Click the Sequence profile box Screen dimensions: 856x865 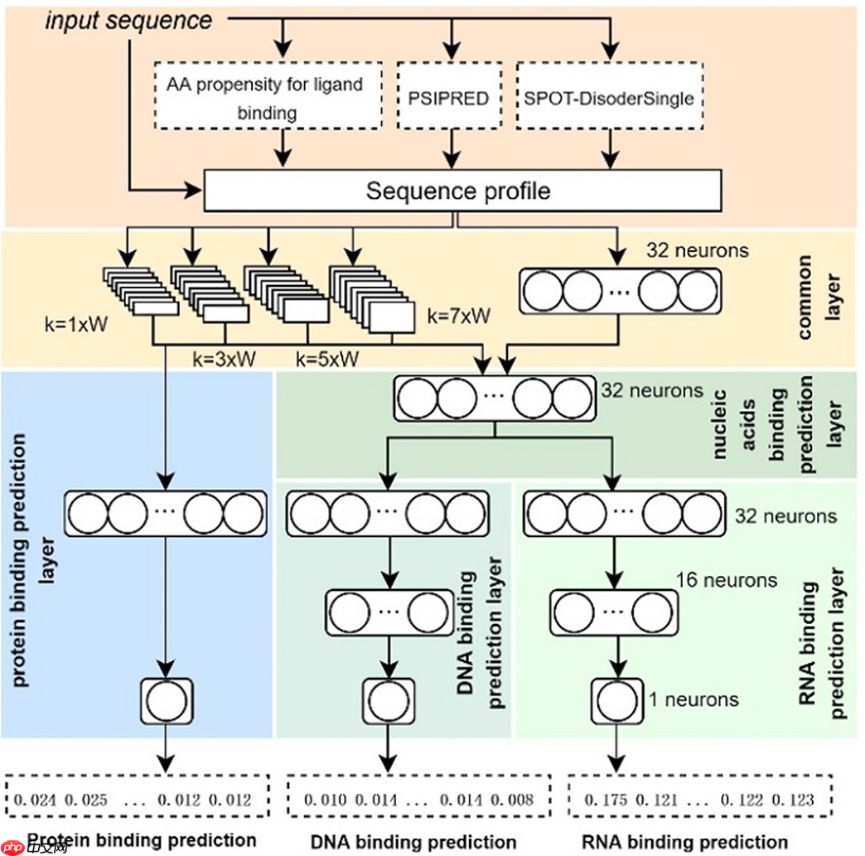(x=457, y=191)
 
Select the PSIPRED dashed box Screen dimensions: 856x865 (x=448, y=97)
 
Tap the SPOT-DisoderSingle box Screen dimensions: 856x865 (x=609, y=97)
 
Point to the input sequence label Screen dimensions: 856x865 (x=128, y=20)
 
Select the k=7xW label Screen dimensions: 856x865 (x=458, y=315)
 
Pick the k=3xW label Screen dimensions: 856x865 (x=225, y=360)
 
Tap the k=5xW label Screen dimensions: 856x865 (x=328, y=360)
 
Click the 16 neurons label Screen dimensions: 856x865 (x=727, y=579)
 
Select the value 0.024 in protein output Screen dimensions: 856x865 (x=36, y=800)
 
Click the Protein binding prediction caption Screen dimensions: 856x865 (x=141, y=840)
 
